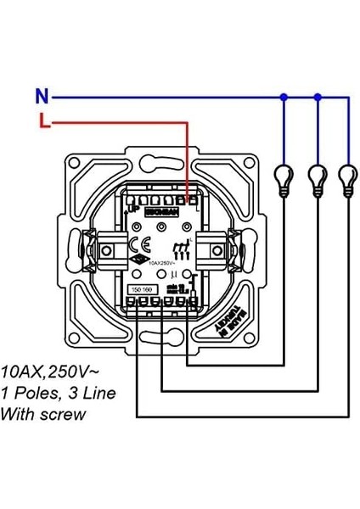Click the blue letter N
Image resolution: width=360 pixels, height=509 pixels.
[x=41, y=96]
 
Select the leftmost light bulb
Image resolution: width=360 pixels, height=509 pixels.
[x=283, y=179]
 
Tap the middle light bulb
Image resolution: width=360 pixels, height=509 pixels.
[x=318, y=179]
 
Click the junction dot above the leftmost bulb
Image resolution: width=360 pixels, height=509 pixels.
[x=283, y=97]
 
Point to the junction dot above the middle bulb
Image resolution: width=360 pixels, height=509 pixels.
[x=318, y=97]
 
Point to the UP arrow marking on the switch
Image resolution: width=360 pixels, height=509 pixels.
[x=132, y=207]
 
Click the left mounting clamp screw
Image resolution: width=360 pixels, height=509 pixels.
[x=108, y=249]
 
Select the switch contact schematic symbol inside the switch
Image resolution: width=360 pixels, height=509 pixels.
[x=179, y=249]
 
